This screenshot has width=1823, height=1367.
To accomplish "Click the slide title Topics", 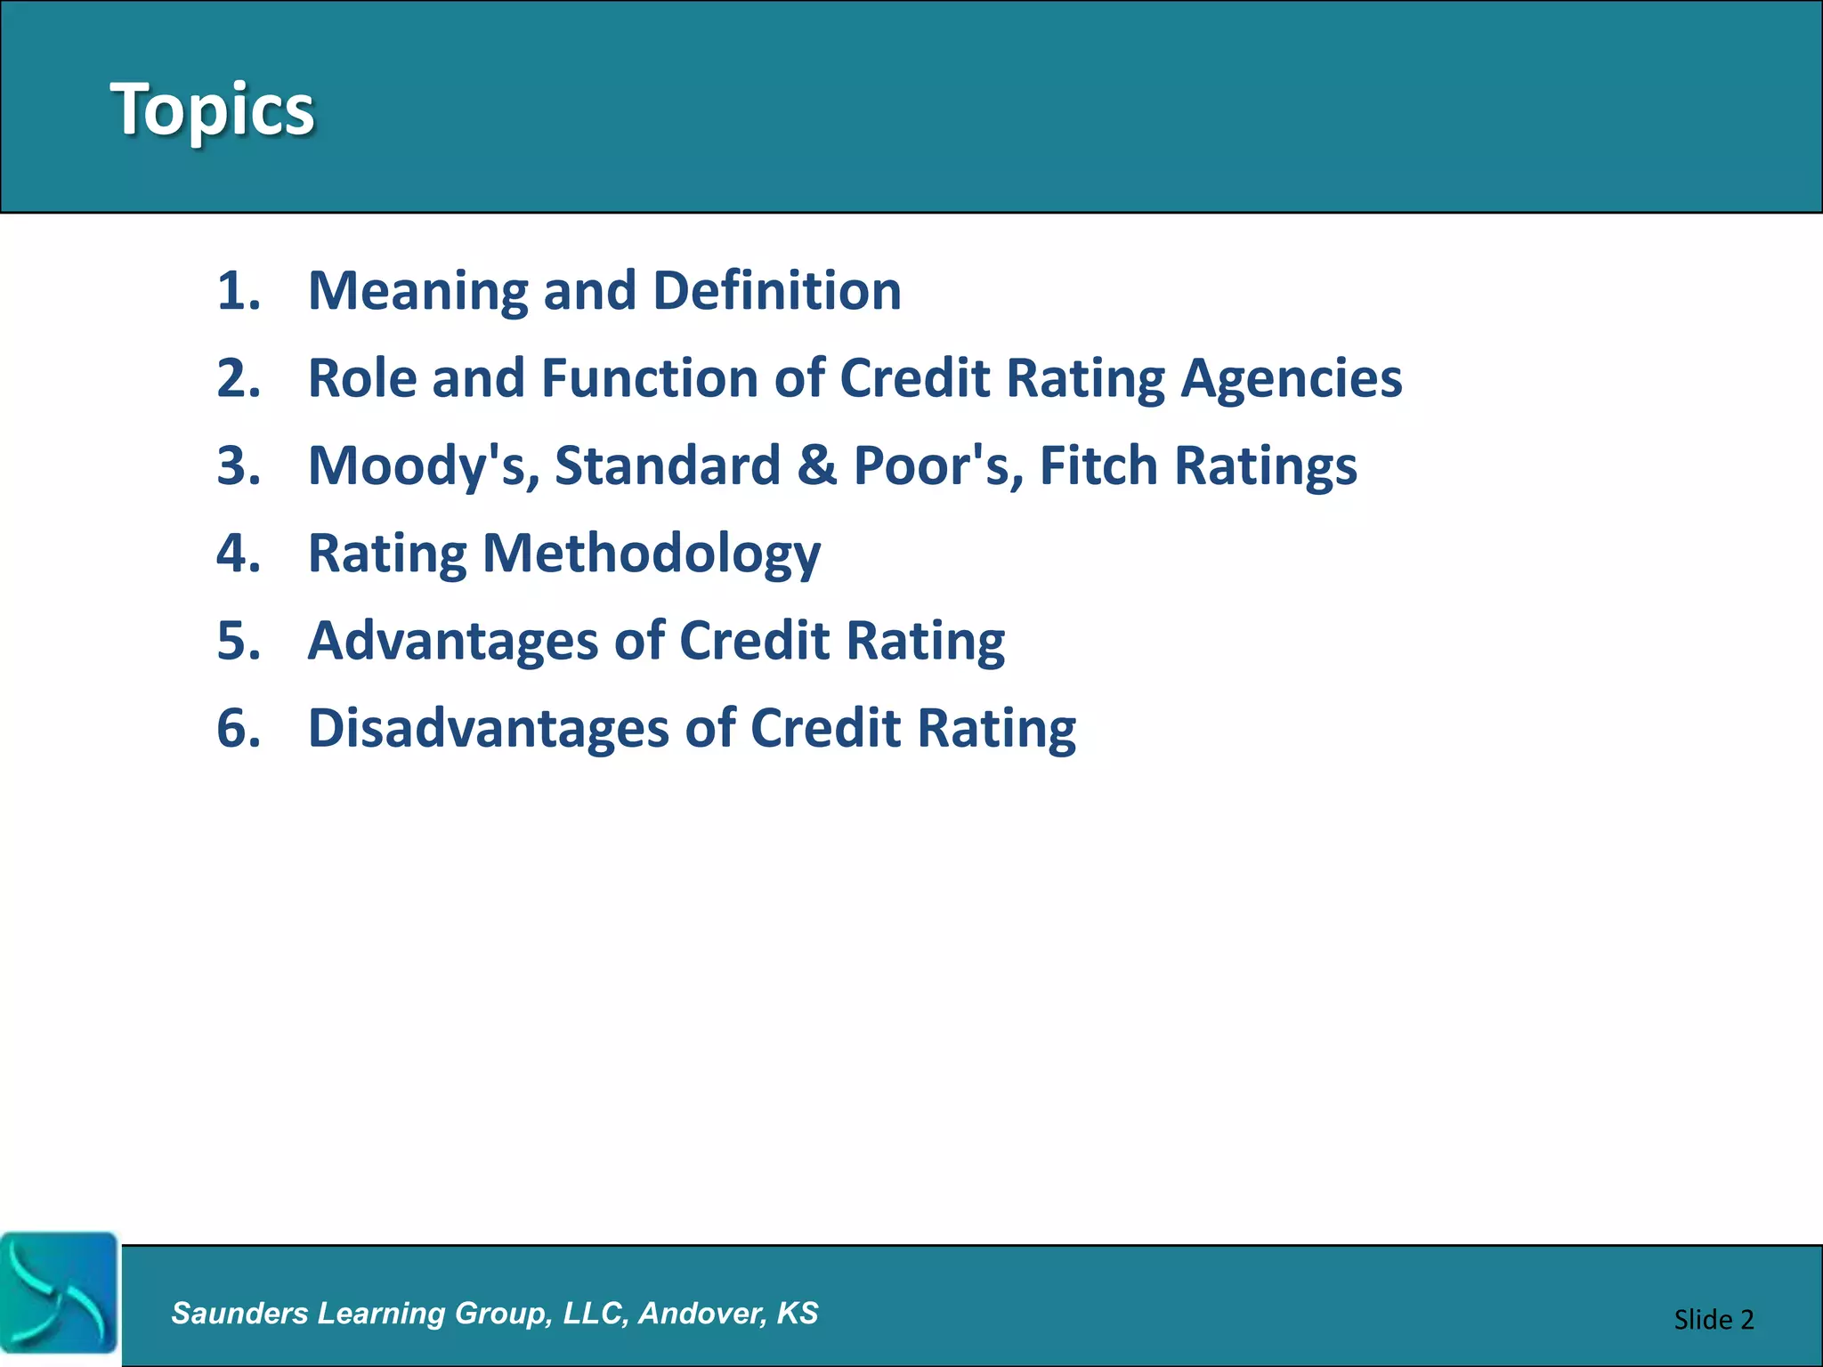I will pos(212,109).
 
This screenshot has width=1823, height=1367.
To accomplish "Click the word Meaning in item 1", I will pos(417,292).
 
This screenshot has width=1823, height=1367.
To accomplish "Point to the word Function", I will pos(649,378).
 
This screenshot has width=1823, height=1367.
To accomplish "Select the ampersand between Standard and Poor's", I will pos(817,465).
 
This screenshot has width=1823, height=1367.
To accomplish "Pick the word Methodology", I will pos(651,554).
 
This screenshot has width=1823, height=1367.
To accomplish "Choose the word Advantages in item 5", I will pos(453,641).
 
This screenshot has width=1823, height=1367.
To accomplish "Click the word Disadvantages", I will pos(488,728).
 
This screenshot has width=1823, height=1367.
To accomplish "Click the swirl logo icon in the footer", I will pos(59,1293).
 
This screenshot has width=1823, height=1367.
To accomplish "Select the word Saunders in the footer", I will pos(239,1313).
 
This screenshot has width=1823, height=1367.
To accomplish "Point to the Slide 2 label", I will pos(1713,1319).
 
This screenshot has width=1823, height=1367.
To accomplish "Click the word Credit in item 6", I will pos(825,728).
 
